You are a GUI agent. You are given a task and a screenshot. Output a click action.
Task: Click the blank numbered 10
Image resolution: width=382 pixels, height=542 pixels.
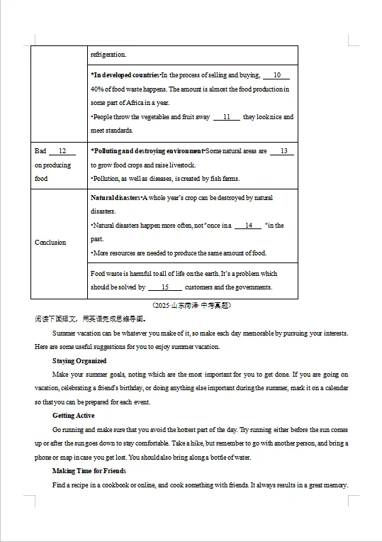point(276,75)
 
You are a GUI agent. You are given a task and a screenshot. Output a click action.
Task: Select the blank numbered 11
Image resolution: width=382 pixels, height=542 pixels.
point(227,117)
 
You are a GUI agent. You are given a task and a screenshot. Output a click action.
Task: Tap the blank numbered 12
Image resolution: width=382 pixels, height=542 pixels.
point(62,151)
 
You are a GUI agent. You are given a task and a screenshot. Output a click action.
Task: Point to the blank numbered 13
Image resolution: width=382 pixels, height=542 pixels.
point(283,151)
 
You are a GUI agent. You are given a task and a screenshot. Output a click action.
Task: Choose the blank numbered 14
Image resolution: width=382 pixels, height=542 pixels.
point(248,226)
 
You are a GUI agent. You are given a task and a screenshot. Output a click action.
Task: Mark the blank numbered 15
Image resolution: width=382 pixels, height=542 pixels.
point(165,287)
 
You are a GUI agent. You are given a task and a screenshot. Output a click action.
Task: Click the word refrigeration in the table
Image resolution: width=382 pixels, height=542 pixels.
point(108,55)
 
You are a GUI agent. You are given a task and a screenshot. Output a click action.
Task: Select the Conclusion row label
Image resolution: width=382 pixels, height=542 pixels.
point(50,243)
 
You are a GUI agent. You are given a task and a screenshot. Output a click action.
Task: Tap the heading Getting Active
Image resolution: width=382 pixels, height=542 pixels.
point(74,416)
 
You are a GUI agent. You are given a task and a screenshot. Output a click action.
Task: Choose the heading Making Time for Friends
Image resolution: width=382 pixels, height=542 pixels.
point(89,471)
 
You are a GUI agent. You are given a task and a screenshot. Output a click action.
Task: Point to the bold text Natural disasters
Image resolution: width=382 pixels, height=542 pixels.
point(115,198)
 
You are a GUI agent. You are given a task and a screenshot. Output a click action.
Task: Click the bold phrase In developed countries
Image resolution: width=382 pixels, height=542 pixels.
point(125,75)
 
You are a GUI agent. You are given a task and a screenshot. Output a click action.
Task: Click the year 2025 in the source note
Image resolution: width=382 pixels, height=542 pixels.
point(164,306)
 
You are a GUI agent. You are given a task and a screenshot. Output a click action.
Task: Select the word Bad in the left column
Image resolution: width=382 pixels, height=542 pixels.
point(40,151)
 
